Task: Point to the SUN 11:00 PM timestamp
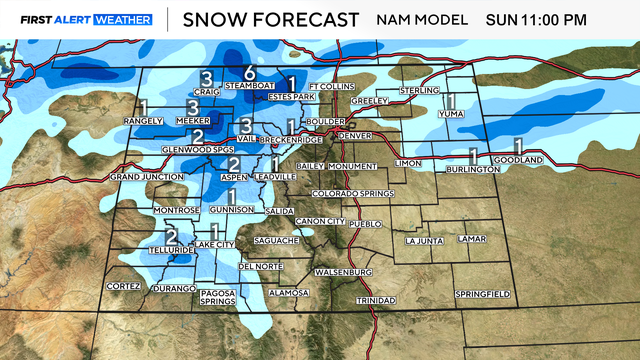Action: point(565,19)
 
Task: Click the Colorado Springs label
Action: point(348,192)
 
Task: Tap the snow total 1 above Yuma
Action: point(451,101)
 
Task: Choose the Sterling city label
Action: point(419,91)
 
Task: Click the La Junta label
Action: point(424,241)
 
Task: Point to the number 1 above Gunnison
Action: point(232,196)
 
